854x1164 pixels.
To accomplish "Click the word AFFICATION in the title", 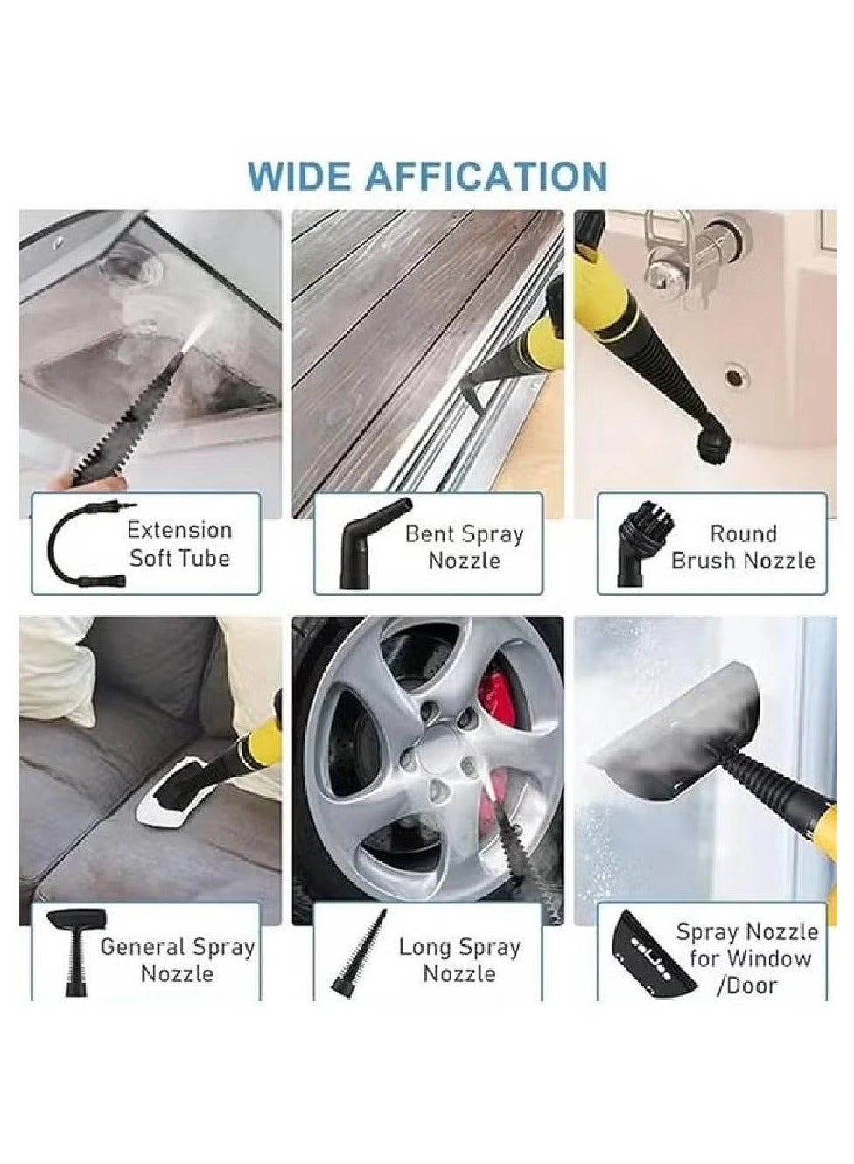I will click(486, 176).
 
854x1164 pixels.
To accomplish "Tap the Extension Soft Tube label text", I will click(179, 544).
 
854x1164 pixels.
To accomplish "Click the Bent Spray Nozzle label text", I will click(464, 547).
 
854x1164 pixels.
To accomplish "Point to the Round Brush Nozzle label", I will click(742, 547).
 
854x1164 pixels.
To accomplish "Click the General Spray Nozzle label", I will click(178, 960).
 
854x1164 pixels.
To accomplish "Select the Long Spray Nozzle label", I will click(459, 960).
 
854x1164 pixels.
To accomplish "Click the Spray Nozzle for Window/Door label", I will click(746, 958).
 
